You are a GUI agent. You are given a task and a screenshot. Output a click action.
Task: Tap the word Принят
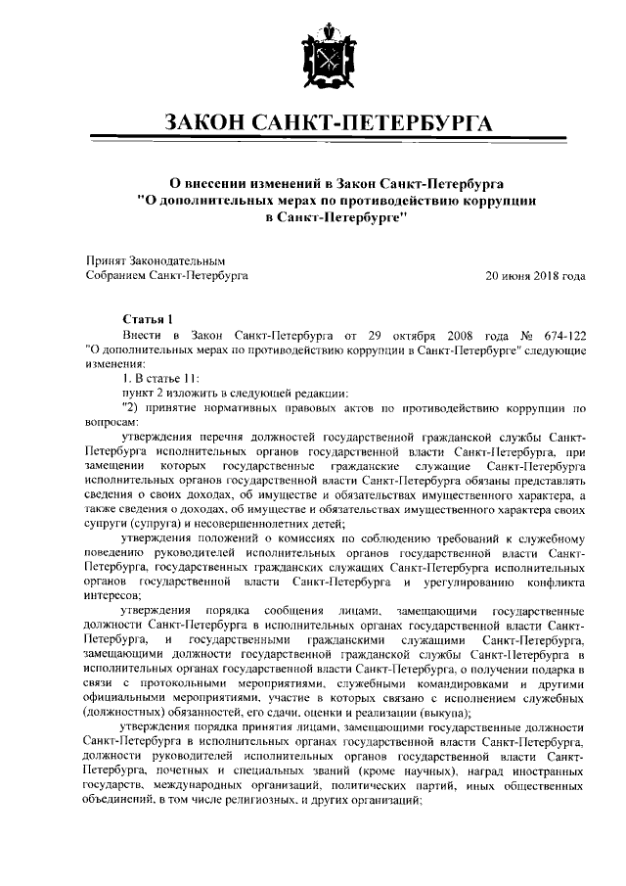[x=107, y=261]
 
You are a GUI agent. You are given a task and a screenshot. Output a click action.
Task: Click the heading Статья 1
[x=147, y=318]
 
